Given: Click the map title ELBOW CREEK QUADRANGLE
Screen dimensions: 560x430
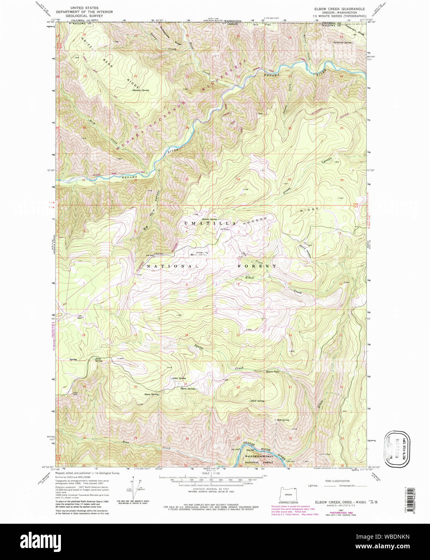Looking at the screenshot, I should [x=339, y=8].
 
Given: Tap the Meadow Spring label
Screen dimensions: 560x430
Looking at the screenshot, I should [x=141, y=90].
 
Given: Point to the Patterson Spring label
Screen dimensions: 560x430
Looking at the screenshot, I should [x=342, y=42].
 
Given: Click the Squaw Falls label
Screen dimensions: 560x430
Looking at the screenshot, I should [x=272, y=371].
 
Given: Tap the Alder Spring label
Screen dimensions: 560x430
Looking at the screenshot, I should [x=179, y=378].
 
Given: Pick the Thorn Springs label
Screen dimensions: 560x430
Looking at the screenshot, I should [x=188, y=389].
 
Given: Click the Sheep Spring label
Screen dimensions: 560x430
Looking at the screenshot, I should [x=151, y=394].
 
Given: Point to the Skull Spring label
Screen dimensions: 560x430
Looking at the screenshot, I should [x=257, y=401].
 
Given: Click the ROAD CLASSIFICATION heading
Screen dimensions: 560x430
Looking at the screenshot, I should [x=337, y=481].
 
